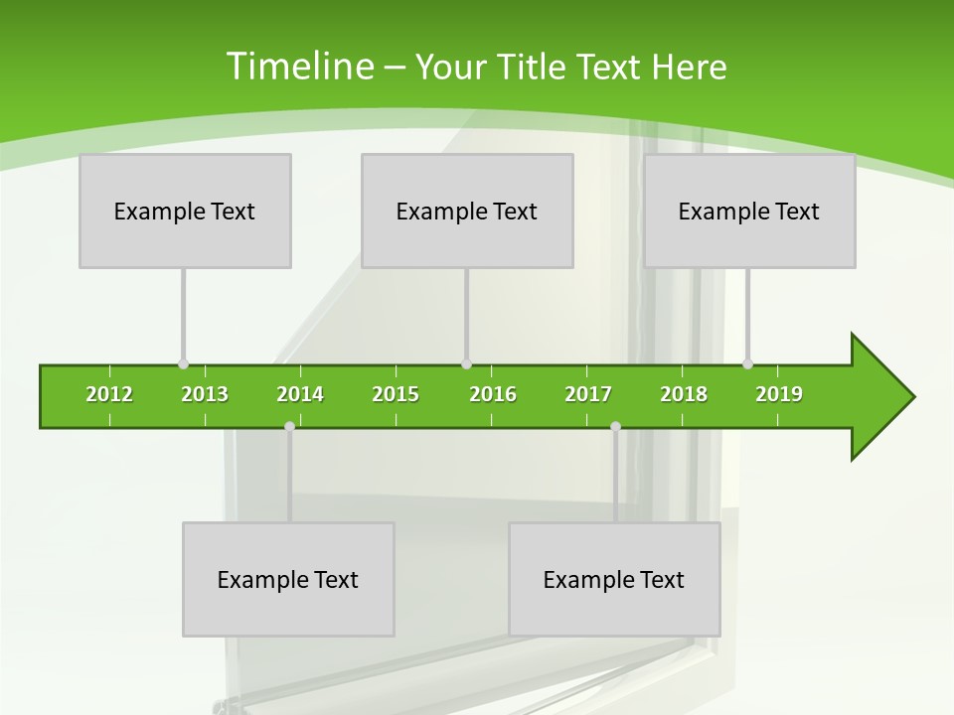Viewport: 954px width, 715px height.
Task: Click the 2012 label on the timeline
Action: [x=109, y=394]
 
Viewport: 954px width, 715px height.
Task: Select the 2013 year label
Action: [x=205, y=394]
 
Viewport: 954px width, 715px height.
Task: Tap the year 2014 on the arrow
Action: [x=300, y=394]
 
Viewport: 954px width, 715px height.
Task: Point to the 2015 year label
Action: [x=396, y=394]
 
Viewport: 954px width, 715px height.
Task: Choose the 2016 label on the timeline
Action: [x=493, y=394]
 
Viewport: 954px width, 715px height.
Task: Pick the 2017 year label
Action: [x=588, y=394]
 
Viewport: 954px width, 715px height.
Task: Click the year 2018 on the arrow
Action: [x=684, y=394]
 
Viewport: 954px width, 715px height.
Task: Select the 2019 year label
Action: [x=779, y=394]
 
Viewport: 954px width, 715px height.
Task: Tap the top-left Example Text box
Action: [x=185, y=211]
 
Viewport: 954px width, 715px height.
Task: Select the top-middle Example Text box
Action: [x=467, y=211]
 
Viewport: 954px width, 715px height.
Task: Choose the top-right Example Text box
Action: [x=749, y=211]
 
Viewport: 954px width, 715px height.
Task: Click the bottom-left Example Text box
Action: [x=288, y=579]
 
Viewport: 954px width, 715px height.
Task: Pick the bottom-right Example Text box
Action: [x=614, y=579]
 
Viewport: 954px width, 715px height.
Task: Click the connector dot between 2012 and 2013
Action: [x=183, y=364]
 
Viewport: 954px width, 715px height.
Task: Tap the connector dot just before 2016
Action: [x=466, y=364]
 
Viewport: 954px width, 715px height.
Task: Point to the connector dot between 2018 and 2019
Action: [x=747, y=364]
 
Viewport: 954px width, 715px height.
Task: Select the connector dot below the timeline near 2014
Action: [x=289, y=426]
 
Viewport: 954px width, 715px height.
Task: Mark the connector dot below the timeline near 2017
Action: [x=615, y=426]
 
